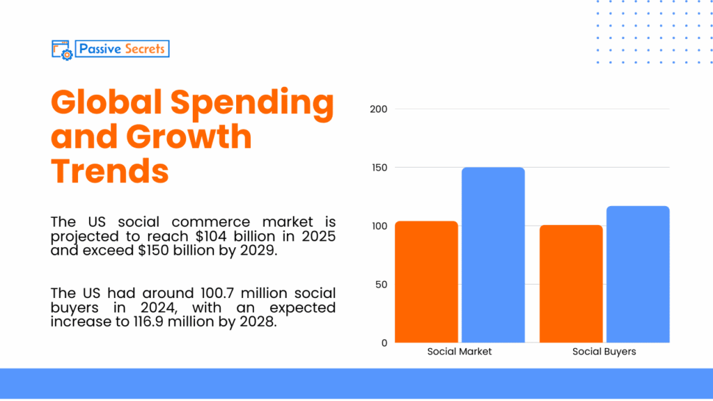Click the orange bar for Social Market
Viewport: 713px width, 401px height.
(x=426, y=282)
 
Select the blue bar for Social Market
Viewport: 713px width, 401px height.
(x=493, y=255)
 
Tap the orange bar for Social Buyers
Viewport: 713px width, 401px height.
(x=572, y=284)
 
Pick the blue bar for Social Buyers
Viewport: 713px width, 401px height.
(x=638, y=274)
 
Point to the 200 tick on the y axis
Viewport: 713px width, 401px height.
(x=379, y=109)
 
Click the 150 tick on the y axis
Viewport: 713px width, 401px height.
(x=379, y=168)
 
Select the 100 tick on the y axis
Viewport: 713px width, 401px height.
(x=379, y=226)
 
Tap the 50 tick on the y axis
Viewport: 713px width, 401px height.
(x=381, y=284)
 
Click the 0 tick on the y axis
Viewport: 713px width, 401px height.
(x=384, y=343)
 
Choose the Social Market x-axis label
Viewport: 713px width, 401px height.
(x=460, y=352)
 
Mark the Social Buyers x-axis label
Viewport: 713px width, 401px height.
(x=604, y=352)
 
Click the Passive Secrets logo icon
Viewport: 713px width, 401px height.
(x=61, y=49)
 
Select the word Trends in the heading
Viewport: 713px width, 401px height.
(x=110, y=171)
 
